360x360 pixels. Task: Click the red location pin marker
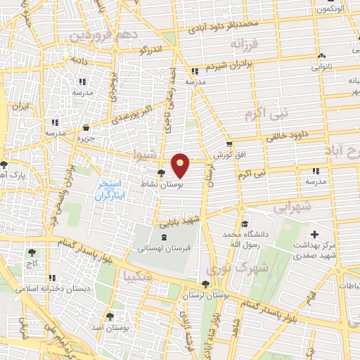[x=181, y=165]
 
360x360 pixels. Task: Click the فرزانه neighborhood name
[x=246, y=44]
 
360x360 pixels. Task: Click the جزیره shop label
[x=84, y=138]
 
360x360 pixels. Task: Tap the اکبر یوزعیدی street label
[x=127, y=112]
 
